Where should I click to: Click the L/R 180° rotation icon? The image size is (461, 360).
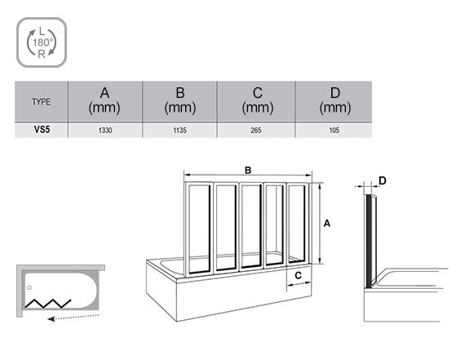click(42, 42)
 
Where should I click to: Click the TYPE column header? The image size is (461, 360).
click(42, 102)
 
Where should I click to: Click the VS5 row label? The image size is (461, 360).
click(42, 130)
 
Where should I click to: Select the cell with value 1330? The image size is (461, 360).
click(105, 131)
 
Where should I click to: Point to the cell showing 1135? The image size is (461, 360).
click(180, 131)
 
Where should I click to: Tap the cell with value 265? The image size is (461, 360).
click(256, 131)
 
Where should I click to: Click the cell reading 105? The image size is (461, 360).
click(335, 131)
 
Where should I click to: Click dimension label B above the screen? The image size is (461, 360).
click(248, 170)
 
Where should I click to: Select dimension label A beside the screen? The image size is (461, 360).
click(326, 224)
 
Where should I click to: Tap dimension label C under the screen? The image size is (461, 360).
click(298, 276)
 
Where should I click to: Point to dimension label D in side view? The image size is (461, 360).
click(382, 180)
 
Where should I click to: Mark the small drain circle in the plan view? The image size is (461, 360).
click(29, 287)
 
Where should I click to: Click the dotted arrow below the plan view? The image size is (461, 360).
click(73, 318)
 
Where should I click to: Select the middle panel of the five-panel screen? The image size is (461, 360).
click(251, 226)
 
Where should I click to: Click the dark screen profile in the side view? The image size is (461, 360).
click(368, 241)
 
